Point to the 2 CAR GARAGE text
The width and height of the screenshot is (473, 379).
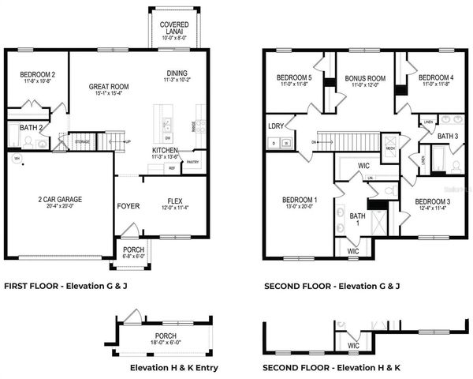[60, 199]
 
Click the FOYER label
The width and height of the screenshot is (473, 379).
[128, 206]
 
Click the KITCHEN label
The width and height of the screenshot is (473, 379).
[165, 150]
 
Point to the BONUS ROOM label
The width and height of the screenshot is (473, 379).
[364, 79]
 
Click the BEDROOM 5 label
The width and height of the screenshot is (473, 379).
[294, 77]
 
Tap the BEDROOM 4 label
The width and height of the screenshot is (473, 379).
[436, 77]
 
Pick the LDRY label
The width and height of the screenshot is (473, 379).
[276, 126]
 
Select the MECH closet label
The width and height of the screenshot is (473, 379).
[390, 148]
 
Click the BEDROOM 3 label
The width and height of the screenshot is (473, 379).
[432, 201]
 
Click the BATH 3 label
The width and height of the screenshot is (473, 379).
[448, 136]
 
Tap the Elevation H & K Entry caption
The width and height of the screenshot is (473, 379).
[174, 368]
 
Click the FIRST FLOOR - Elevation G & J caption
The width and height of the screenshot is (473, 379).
[65, 285]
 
